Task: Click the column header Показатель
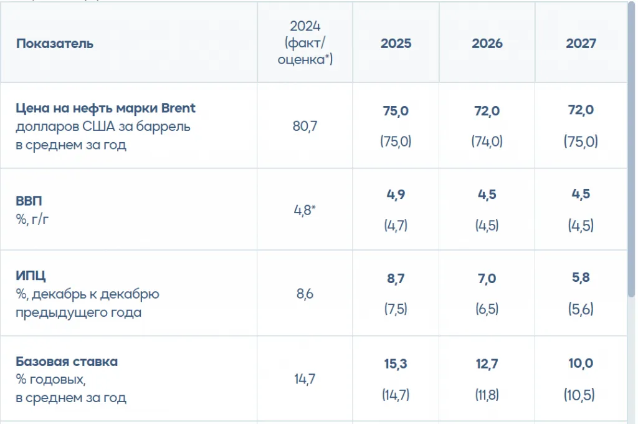pyautogui.click(x=55, y=44)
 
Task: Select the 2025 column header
pyautogui.click(x=396, y=44)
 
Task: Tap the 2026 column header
pyautogui.click(x=487, y=44)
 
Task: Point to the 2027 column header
pyautogui.click(x=581, y=44)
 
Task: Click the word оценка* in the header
pyautogui.click(x=305, y=60)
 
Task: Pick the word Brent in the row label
pyautogui.click(x=178, y=108)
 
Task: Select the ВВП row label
pyautogui.click(x=29, y=201)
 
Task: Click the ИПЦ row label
pyautogui.click(x=31, y=276)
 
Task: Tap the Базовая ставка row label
pyautogui.click(x=67, y=362)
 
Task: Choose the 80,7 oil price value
pyautogui.click(x=305, y=127)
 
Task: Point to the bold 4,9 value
pyautogui.click(x=396, y=193)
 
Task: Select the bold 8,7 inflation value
pyautogui.click(x=396, y=279)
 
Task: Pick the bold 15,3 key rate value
pyautogui.click(x=396, y=364)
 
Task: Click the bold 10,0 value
pyautogui.click(x=581, y=364)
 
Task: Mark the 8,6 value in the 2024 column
pyautogui.click(x=305, y=294)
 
